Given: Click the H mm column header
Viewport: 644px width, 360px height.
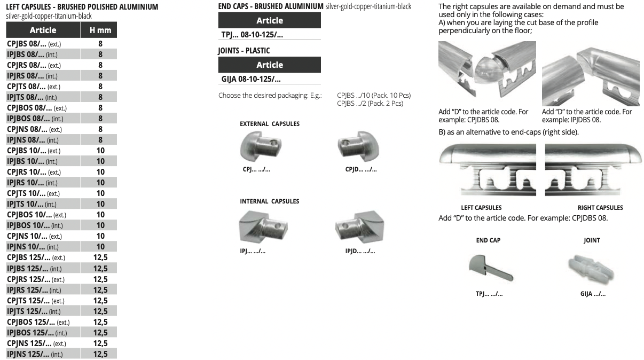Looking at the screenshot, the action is (x=100, y=30).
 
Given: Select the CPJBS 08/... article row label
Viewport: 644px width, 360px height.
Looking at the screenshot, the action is (x=34, y=44).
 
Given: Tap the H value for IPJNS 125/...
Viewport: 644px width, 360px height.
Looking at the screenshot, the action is (x=100, y=354).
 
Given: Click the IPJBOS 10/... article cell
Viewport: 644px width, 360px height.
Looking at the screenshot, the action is (x=35, y=225).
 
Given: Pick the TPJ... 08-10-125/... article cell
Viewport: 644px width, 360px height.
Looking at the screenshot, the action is (x=252, y=35).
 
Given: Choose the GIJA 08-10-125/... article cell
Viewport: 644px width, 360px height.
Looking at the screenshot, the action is (x=251, y=79).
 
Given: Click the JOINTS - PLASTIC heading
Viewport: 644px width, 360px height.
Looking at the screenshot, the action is (x=244, y=51).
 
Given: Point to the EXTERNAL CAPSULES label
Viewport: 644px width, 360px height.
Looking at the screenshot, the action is (x=270, y=124).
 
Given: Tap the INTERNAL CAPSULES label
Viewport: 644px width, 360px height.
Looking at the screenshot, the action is (x=269, y=201).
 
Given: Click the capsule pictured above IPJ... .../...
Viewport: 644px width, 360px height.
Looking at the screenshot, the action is (x=263, y=227).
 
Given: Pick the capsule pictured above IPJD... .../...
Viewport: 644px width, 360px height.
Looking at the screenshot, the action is (x=360, y=227).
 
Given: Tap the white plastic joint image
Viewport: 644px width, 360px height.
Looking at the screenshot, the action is (x=591, y=268).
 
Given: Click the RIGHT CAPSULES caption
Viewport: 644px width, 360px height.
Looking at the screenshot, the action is (x=600, y=208).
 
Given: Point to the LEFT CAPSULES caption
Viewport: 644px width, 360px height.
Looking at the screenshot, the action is (x=481, y=208).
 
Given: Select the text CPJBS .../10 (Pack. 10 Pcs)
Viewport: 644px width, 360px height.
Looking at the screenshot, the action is (x=374, y=96).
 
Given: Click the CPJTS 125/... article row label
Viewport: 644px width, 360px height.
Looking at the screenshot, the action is (x=36, y=301).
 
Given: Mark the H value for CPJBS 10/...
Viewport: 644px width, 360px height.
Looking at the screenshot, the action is (x=100, y=151).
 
